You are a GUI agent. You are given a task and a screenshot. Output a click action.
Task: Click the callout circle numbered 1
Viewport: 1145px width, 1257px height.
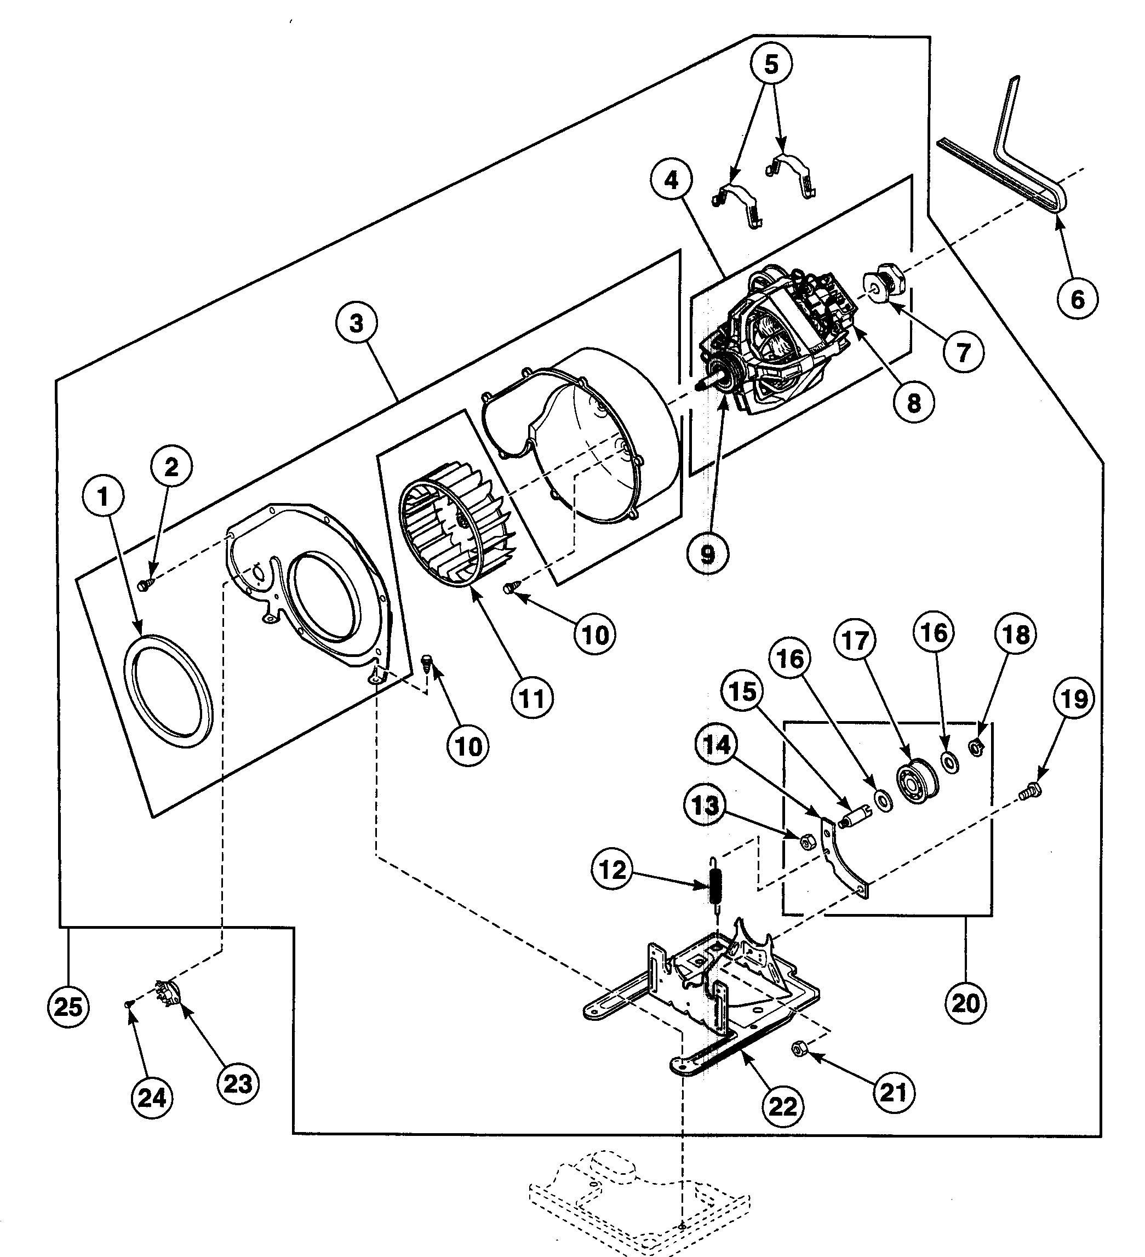tap(104, 497)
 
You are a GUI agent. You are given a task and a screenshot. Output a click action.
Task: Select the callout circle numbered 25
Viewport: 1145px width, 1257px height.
tap(68, 1007)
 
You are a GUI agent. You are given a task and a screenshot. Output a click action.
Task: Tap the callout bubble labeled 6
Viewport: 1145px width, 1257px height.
tap(1078, 299)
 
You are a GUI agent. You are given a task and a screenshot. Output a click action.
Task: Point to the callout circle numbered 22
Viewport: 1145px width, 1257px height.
tap(783, 1106)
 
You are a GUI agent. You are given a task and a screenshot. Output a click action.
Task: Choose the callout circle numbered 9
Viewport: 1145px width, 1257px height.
tap(707, 553)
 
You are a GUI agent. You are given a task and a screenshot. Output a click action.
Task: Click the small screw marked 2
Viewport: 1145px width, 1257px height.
tap(144, 584)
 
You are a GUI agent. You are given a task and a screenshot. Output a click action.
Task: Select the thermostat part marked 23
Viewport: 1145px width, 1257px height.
tap(167, 997)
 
